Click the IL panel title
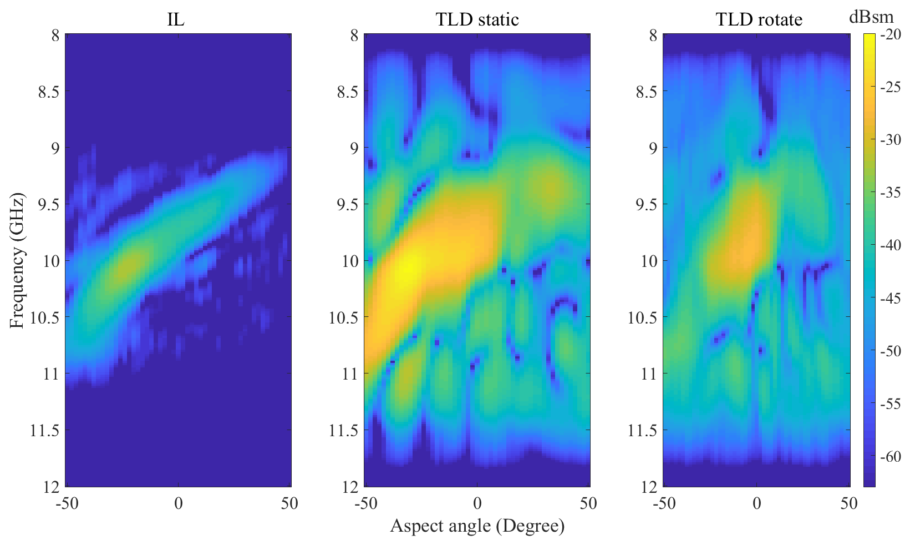[176, 20]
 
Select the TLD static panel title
[477, 20]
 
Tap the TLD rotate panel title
[759, 20]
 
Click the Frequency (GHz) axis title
[17, 261]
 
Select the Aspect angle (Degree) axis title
[477, 526]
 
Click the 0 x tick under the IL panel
[178, 504]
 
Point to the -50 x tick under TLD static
[365, 504]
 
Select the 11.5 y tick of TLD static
[343, 430]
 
